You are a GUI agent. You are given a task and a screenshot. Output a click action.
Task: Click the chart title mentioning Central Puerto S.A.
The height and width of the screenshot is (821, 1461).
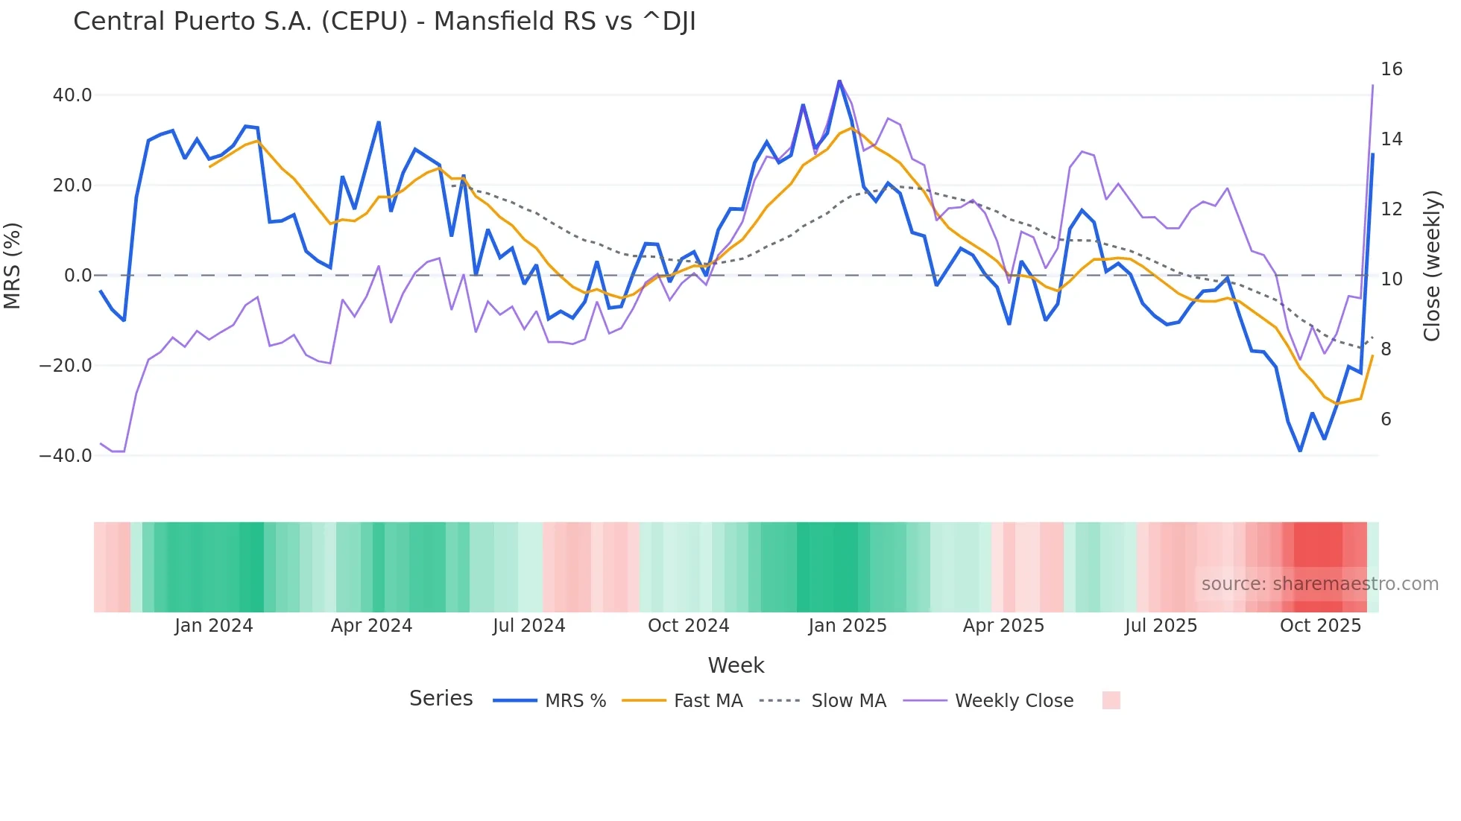(385, 22)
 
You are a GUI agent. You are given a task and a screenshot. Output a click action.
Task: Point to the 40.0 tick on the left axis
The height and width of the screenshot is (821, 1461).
(72, 95)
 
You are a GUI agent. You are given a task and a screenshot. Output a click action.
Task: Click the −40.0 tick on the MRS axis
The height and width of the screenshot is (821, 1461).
(66, 456)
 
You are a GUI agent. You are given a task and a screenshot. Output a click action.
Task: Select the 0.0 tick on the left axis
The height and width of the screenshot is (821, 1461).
(78, 276)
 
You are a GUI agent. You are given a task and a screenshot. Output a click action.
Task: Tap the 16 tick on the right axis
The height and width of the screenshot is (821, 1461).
(1391, 69)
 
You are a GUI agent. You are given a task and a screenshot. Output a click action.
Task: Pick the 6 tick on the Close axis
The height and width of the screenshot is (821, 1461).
(1386, 419)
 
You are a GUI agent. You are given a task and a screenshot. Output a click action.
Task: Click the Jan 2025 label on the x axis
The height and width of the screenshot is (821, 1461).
(848, 626)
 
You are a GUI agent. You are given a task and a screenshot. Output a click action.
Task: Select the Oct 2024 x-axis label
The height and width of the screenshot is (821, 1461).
(688, 626)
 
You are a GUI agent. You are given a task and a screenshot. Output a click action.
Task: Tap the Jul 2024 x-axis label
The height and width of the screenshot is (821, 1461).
(528, 626)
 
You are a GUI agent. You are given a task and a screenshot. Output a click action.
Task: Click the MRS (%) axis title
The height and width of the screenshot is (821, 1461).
(13, 266)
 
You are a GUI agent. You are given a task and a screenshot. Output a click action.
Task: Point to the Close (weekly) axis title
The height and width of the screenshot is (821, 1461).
(1432, 266)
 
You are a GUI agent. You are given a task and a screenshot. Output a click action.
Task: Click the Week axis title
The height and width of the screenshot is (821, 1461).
(736, 665)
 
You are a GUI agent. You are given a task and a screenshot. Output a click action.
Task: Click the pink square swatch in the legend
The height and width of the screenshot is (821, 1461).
(1111, 701)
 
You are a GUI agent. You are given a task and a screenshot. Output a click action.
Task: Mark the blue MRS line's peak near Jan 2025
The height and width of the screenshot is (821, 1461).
(839, 81)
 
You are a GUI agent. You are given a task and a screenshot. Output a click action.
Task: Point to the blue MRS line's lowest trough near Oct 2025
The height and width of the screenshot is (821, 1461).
(1300, 451)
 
